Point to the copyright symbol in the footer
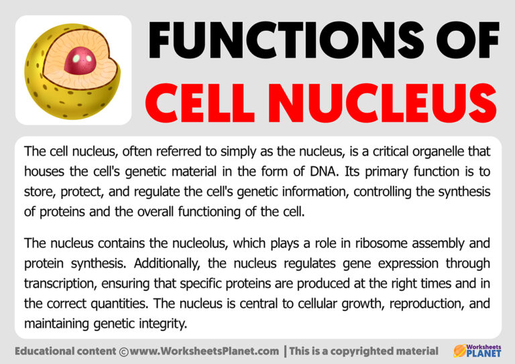tap(123, 351)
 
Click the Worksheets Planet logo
tap(477, 350)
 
